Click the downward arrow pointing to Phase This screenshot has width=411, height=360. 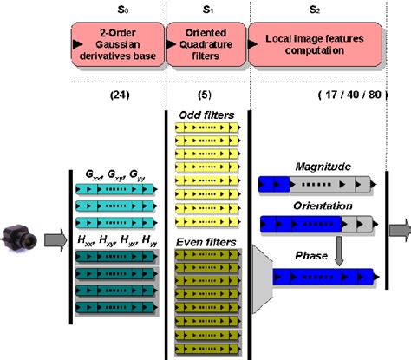[x=342, y=250]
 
